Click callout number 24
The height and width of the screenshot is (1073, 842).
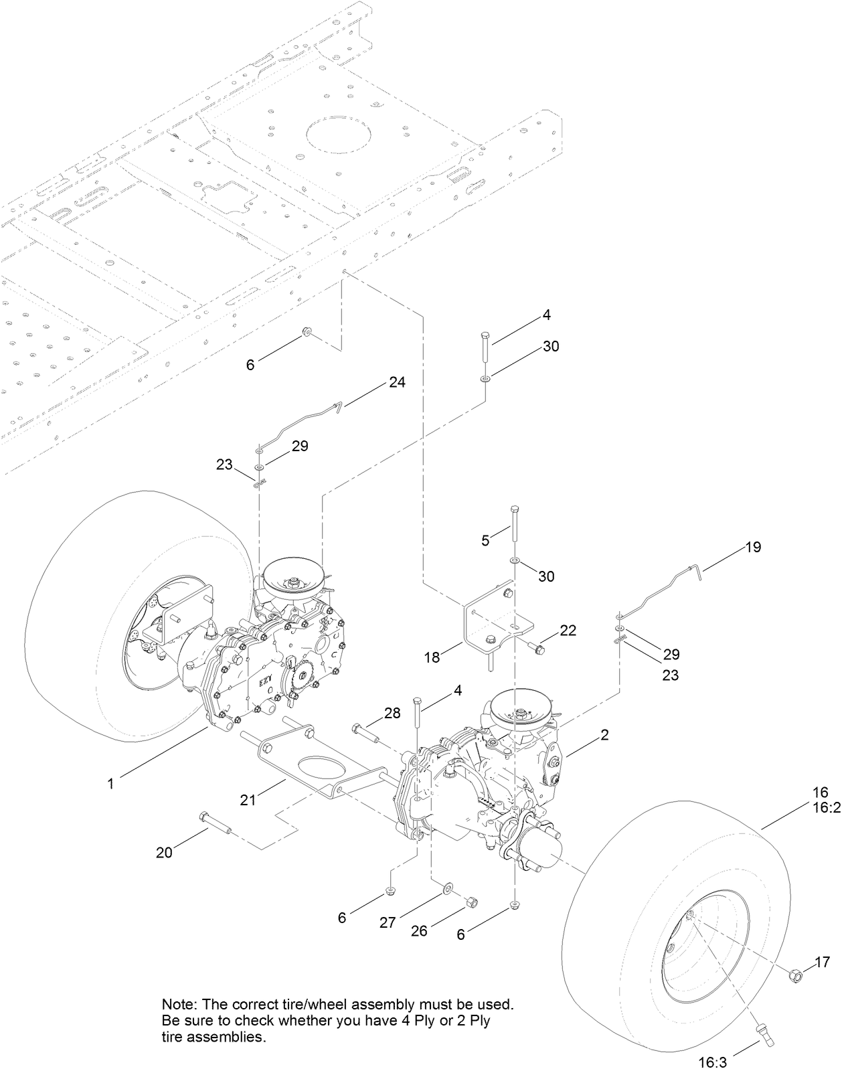point(397,382)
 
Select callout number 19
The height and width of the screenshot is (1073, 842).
point(753,547)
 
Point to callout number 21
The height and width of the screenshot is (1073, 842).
point(248,799)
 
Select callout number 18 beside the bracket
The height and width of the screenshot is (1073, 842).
point(432,658)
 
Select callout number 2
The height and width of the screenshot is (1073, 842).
point(604,735)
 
